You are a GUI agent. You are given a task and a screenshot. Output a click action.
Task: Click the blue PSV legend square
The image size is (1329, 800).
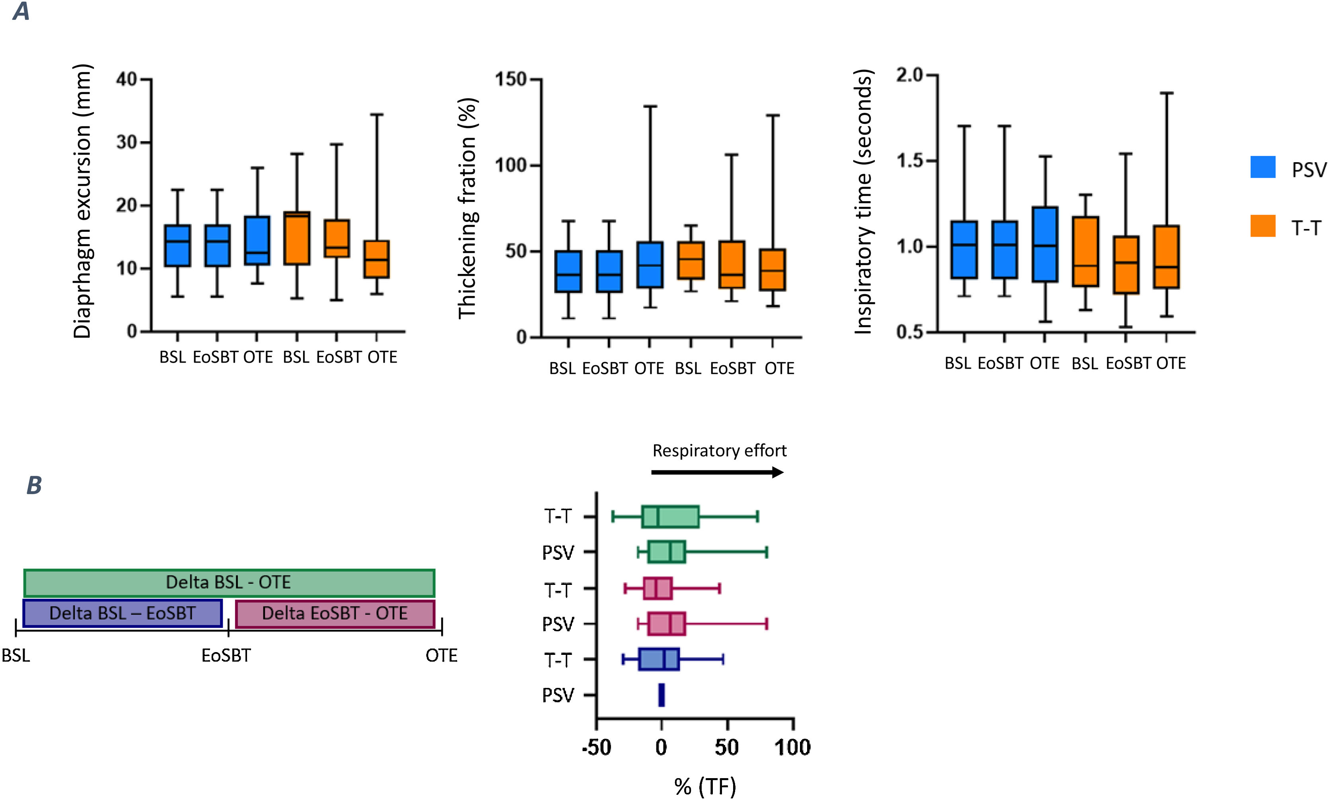1263,167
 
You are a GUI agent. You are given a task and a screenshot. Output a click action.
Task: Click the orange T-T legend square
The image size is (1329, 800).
1263,226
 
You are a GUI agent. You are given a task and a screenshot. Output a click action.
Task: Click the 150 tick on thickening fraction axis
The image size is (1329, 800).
511,79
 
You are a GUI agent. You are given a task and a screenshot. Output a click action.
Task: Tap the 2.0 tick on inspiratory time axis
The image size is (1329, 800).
910,75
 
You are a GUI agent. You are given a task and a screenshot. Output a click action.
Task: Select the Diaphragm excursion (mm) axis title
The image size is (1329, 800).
82,202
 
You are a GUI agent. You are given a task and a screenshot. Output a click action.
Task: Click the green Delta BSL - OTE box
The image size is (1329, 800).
229,582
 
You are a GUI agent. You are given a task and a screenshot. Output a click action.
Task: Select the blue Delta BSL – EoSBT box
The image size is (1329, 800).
123,613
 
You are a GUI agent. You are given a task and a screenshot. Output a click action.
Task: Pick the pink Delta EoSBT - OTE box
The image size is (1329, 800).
335,614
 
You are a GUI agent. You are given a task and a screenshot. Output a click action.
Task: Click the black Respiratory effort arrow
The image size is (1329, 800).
717,473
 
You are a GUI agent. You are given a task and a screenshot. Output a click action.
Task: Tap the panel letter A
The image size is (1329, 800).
21,11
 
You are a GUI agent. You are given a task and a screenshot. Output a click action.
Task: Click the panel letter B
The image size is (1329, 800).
34,485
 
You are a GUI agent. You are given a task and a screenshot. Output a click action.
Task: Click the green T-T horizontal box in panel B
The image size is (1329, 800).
670,517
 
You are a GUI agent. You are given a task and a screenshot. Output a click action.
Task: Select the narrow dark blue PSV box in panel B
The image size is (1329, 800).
662,695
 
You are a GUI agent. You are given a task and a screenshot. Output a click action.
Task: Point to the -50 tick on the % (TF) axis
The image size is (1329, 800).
596,747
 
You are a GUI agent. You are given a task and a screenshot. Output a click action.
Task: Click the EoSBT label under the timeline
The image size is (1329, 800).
226,656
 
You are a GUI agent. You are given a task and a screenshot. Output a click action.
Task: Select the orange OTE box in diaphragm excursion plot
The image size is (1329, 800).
376,259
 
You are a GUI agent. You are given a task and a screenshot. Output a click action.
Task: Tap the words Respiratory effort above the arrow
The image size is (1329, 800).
719,450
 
